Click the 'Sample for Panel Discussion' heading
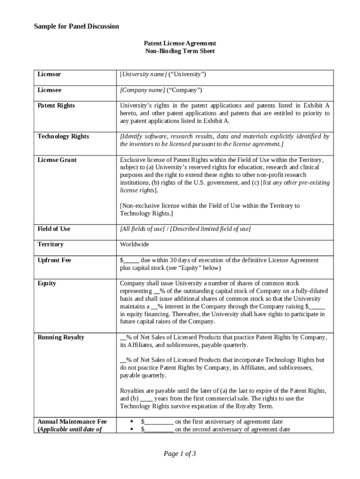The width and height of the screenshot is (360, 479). [x=76, y=26]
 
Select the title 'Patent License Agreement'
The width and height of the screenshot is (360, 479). [x=180, y=43]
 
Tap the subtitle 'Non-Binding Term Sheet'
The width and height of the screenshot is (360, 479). [x=180, y=51]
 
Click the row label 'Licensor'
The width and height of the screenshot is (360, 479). [x=49, y=74]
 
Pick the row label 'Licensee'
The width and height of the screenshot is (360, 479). [x=50, y=90]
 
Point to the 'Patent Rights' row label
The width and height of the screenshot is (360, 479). [x=56, y=105]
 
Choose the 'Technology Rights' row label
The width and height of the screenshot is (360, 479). [x=63, y=136]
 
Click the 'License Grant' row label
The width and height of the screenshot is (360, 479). [x=57, y=160]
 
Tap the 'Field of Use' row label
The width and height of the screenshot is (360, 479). [x=54, y=229]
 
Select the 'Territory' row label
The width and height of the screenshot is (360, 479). [x=50, y=244]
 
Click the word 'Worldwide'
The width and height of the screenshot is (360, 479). [x=135, y=244]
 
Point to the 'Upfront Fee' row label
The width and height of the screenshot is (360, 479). [x=54, y=260]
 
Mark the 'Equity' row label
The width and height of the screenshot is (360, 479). [x=47, y=283]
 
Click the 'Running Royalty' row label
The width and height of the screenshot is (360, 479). [x=61, y=337]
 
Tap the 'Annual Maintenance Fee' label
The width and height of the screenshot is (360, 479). [x=72, y=421]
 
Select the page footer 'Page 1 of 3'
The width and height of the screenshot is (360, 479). [x=180, y=453]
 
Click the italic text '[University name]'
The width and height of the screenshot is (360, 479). [x=143, y=74]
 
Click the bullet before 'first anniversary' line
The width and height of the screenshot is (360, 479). [x=132, y=421]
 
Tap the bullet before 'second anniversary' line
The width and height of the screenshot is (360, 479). [x=132, y=429]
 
